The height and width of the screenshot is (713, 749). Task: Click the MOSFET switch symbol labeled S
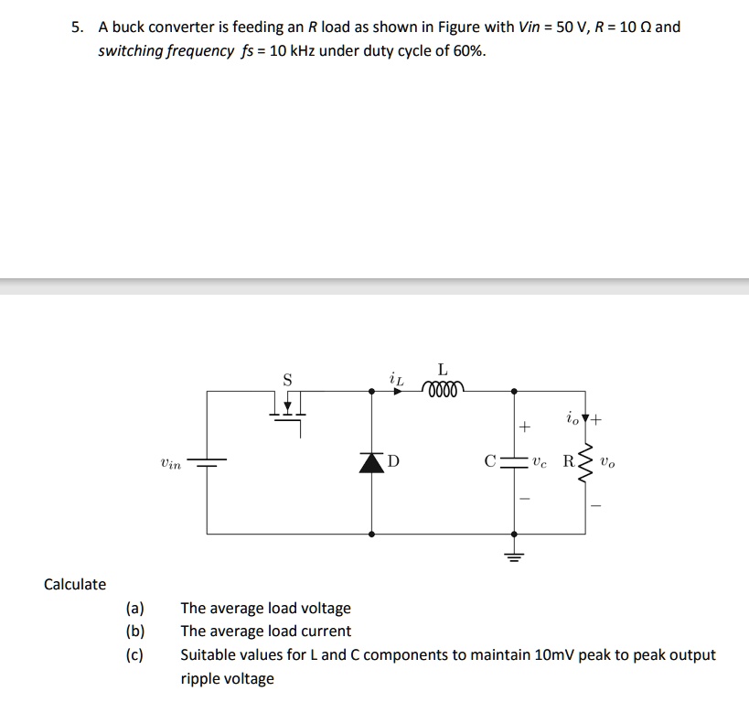tap(287, 403)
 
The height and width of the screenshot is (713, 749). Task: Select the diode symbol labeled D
tap(370, 461)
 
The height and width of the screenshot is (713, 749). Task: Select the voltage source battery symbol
tap(207, 461)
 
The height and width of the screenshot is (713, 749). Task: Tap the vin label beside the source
tap(170, 464)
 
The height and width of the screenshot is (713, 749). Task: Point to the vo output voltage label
tap(609, 463)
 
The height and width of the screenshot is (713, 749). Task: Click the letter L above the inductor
tap(443, 370)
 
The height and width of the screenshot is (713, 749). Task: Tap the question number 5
tap(78, 27)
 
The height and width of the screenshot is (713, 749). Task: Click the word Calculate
tap(75, 584)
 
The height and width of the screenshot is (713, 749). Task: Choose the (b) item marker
tap(135, 632)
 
